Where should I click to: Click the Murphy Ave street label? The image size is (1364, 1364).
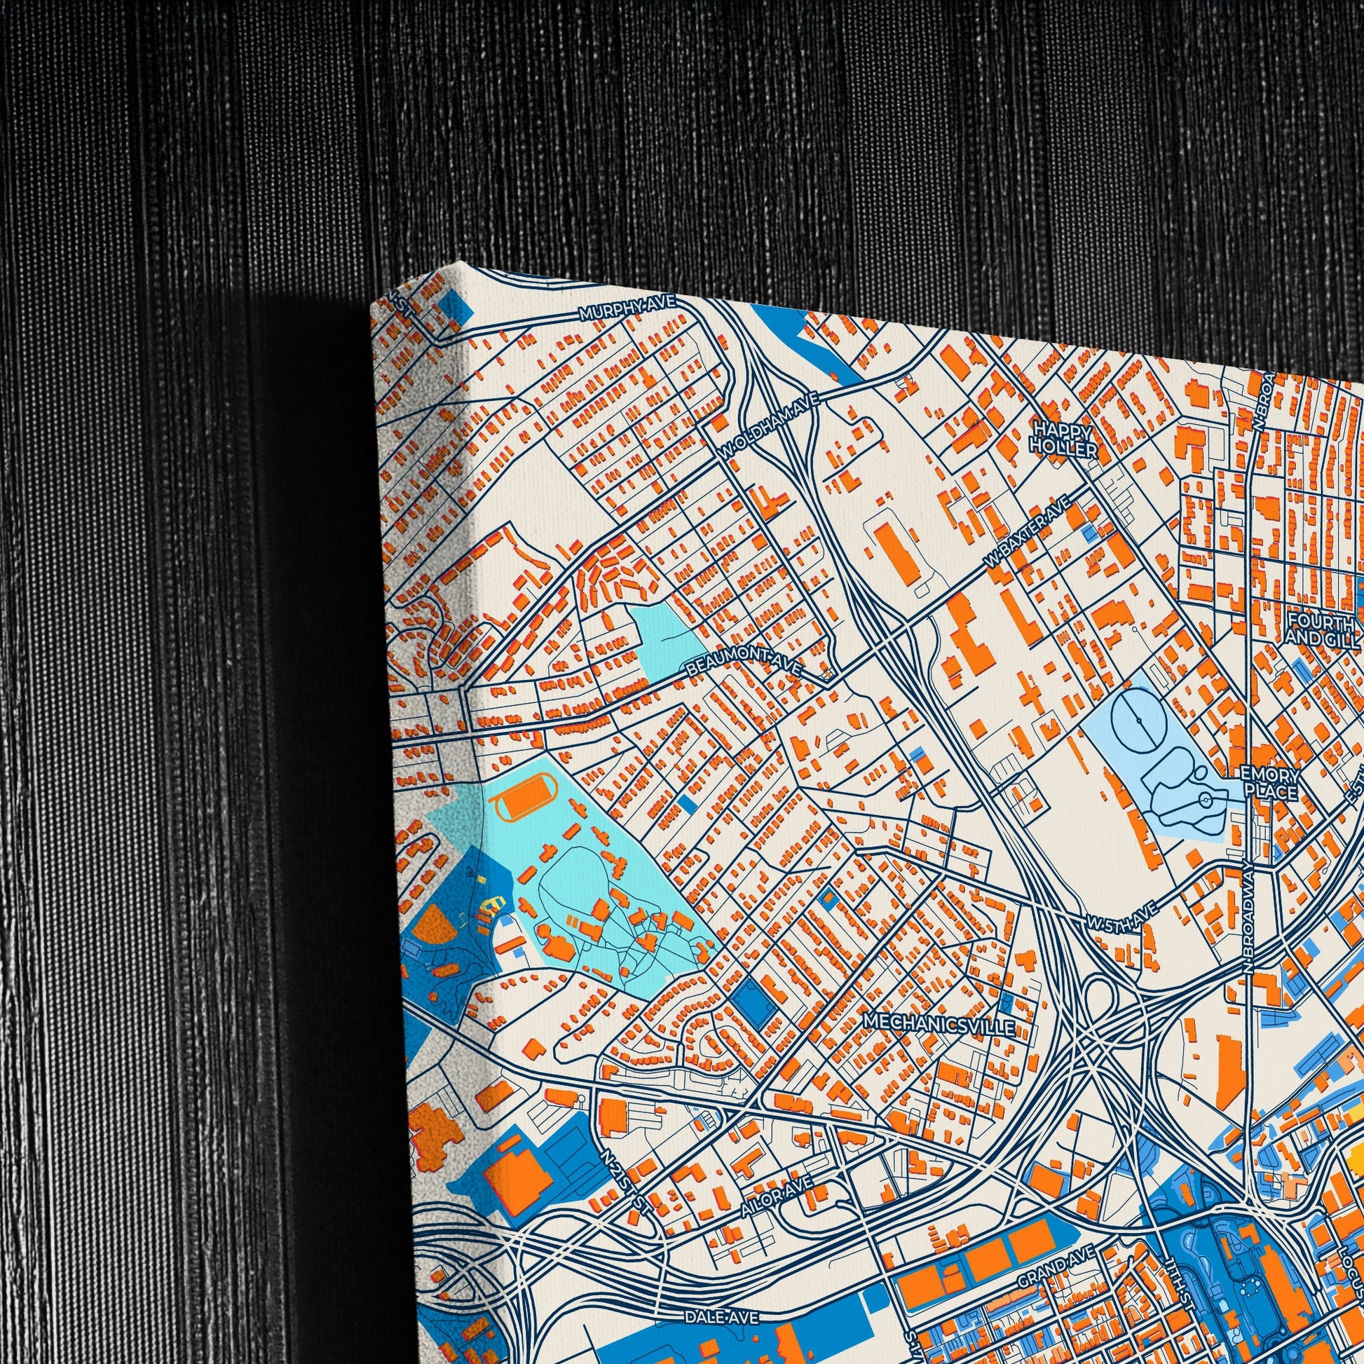click(x=627, y=309)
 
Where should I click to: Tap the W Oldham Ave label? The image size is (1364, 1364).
click(x=769, y=425)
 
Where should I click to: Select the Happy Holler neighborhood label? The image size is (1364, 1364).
click(x=1063, y=439)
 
